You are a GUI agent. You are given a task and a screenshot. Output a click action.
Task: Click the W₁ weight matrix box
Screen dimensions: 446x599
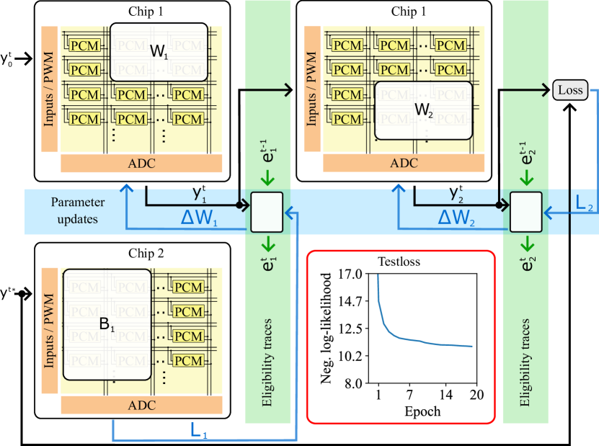(159, 52)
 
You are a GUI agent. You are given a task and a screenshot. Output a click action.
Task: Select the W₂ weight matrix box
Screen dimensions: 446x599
(423, 110)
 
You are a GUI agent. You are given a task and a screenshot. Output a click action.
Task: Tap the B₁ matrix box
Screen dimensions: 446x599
(107, 324)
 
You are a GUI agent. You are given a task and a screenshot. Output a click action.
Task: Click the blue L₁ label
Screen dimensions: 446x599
(200, 432)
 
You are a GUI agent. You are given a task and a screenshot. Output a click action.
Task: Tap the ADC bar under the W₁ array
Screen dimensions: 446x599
(141, 164)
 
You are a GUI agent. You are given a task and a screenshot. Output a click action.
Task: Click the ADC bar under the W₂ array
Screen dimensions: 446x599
(404, 164)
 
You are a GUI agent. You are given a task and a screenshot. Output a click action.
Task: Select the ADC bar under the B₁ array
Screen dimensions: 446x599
(141, 405)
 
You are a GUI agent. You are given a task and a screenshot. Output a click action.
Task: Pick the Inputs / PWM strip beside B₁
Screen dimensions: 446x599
(50, 330)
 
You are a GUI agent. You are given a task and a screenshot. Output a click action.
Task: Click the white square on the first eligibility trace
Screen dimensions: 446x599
(267, 213)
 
